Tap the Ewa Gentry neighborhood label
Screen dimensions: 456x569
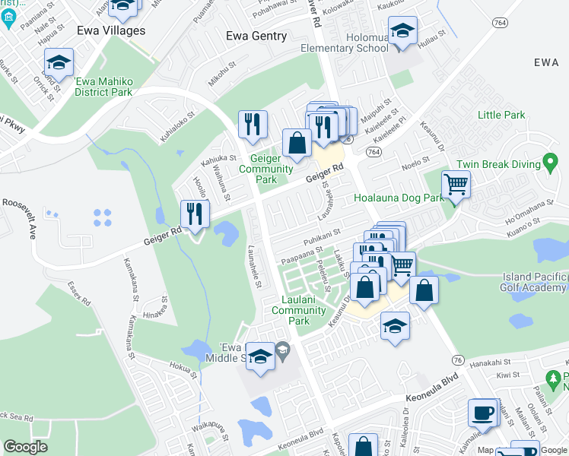pyautogui.click(x=256, y=36)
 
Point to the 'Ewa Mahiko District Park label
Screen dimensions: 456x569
pyautogui.click(x=103, y=86)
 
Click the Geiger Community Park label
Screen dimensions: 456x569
pyautogui.click(x=272, y=168)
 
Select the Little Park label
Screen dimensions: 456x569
pyautogui.click(x=501, y=115)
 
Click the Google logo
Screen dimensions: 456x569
pyautogui.click(x=26, y=447)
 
